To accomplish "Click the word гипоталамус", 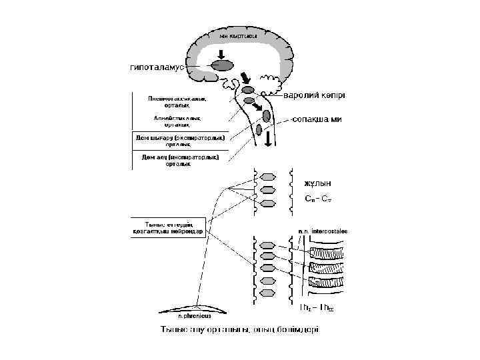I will (x=157, y=67).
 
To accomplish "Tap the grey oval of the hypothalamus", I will (x=223, y=66).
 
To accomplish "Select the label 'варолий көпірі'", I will (x=315, y=95).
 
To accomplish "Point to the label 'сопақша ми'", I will (x=317, y=119).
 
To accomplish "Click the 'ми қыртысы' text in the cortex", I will (x=238, y=34).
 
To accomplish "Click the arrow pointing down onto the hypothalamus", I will (x=222, y=52).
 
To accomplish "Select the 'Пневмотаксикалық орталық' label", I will (x=177, y=101).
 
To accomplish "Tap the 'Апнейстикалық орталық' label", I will (x=177, y=121).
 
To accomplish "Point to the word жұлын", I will (x=317, y=183).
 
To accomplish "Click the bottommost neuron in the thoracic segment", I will (x=268, y=293).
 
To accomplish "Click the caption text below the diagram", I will (x=239, y=329).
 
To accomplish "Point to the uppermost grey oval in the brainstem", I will (x=248, y=89).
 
